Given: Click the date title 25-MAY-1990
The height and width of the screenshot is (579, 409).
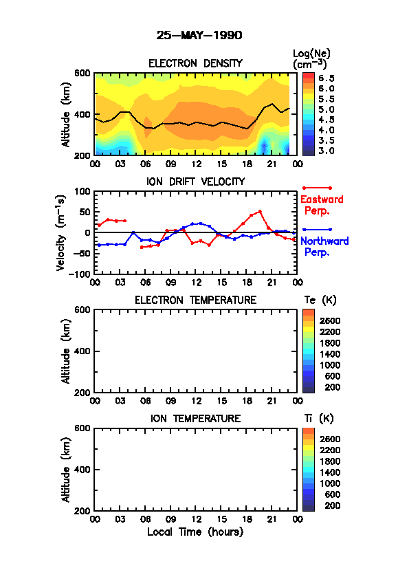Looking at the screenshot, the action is (x=199, y=36).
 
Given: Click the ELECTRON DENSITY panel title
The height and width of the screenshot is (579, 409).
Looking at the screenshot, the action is (x=195, y=63).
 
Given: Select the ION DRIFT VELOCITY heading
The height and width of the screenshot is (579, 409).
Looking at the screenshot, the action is (x=196, y=182).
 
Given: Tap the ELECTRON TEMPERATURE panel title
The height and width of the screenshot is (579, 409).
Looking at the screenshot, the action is (x=196, y=301).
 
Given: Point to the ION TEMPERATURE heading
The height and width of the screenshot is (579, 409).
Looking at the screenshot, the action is (x=196, y=419).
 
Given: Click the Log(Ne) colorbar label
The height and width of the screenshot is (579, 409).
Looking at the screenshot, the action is (x=311, y=59).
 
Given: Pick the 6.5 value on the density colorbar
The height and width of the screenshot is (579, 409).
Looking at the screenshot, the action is (x=327, y=78).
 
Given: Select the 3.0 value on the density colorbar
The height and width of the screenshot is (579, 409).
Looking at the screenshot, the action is (x=327, y=151).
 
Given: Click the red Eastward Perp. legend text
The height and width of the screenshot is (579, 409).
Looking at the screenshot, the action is (x=322, y=206).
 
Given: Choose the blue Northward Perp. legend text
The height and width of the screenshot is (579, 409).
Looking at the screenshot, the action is (x=324, y=247).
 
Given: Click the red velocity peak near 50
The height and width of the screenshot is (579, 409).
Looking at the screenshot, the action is (x=261, y=212).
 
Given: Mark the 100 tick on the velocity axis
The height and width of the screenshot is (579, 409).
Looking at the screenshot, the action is (x=82, y=191).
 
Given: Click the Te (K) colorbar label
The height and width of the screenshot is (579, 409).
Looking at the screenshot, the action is (x=320, y=301).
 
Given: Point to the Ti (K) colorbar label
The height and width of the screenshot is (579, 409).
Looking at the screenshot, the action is (x=319, y=419).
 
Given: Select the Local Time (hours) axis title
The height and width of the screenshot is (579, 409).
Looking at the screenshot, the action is (x=195, y=532).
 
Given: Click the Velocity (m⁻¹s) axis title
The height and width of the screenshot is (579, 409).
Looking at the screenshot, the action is (x=61, y=233).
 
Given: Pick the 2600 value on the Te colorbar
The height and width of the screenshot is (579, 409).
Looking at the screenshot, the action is (x=330, y=321).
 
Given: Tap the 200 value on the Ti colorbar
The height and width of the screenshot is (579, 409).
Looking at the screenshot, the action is (x=333, y=505).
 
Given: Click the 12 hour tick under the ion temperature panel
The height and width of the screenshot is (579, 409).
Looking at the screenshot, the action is (x=196, y=520).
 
